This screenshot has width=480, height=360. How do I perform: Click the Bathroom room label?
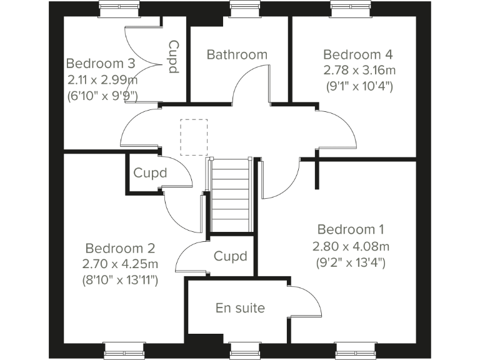tap(237, 54)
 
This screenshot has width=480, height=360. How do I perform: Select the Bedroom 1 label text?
tap(351, 229)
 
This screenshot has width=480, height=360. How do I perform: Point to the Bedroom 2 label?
tap(120, 249)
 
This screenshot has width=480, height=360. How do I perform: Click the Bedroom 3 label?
tap(101, 64)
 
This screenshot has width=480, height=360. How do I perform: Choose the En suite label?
tap(240, 308)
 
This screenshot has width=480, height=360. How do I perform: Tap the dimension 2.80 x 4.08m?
tap(351, 246)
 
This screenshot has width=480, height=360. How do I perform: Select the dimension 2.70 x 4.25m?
tap(120, 264)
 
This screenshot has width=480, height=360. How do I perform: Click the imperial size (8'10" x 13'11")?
tap(120, 281)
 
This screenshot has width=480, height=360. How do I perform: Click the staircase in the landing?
tap(231, 195)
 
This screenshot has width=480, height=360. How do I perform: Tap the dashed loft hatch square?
tap(193, 137)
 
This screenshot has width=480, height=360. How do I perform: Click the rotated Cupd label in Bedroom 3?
tap(174, 57)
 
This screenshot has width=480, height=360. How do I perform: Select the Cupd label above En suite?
tap(230, 256)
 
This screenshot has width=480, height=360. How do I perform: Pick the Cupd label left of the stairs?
tap(150, 173)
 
